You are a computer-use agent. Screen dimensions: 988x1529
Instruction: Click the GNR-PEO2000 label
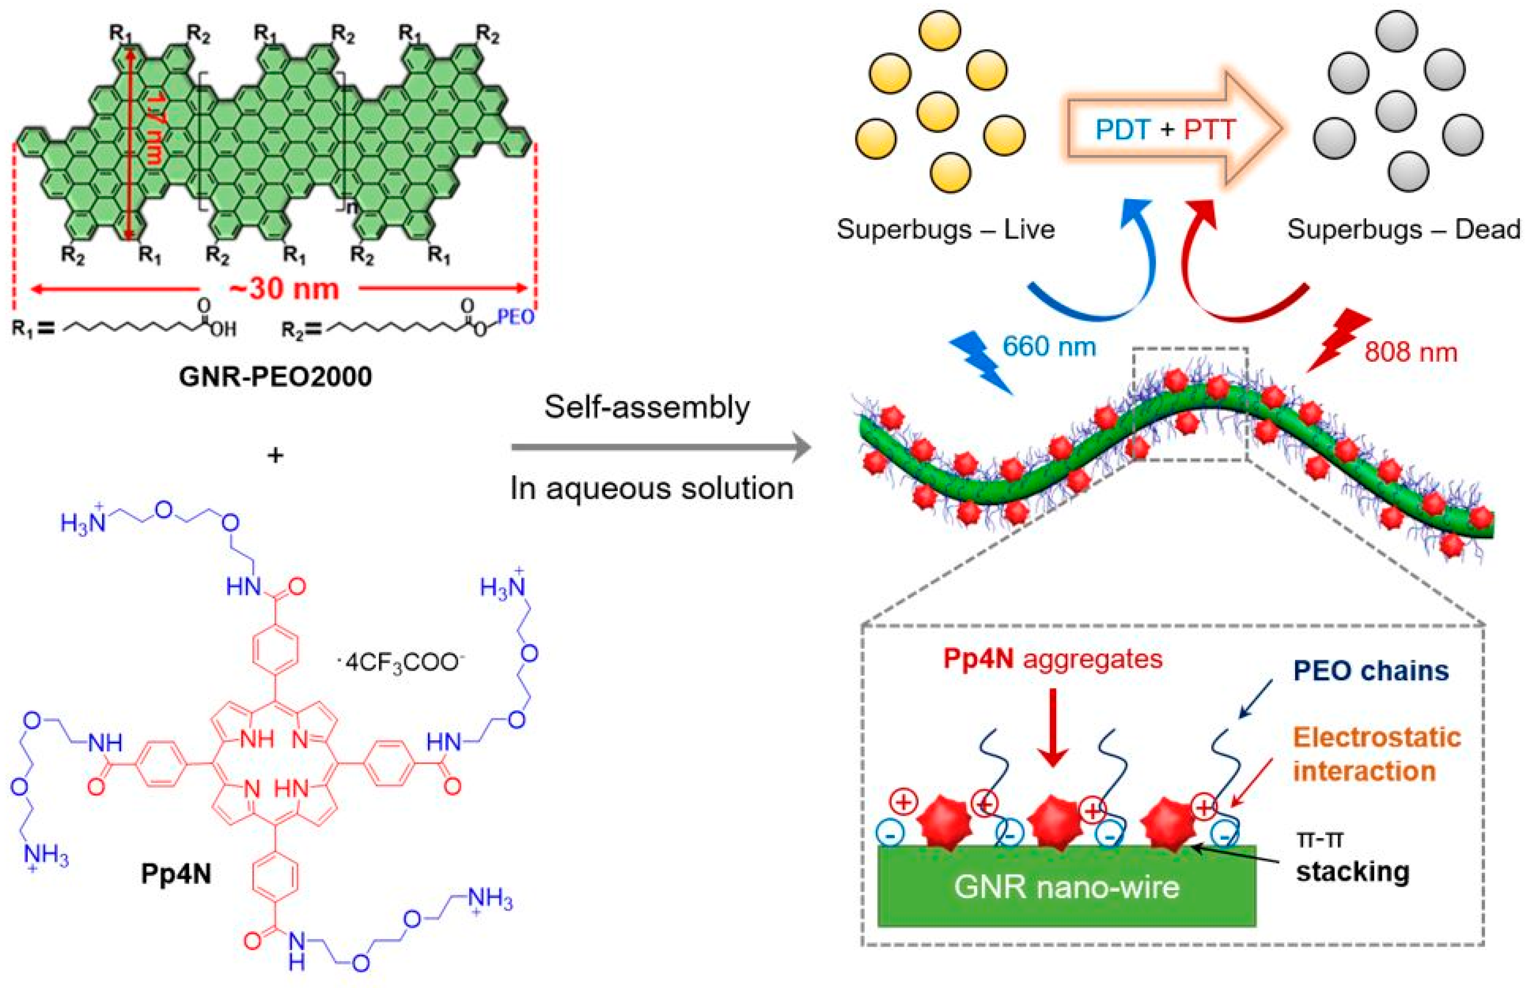tap(275, 376)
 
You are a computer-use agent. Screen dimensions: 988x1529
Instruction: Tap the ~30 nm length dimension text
tap(284, 289)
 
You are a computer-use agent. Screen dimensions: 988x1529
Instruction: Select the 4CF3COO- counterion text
tap(402, 661)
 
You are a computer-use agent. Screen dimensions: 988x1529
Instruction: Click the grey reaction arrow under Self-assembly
tap(661, 447)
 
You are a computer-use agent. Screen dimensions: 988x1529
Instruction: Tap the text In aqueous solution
tap(651, 488)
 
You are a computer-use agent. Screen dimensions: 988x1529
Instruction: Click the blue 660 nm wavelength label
tap(1049, 347)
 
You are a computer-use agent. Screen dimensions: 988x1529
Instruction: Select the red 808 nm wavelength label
tap(1410, 352)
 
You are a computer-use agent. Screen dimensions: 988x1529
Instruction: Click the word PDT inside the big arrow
tap(1123, 130)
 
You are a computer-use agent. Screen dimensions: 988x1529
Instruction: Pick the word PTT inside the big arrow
tap(1209, 130)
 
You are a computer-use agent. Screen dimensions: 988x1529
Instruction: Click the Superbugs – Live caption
tap(945, 229)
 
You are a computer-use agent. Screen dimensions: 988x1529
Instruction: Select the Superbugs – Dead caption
tap(1403, 229)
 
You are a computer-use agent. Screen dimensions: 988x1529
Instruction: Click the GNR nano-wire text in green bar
tap(1066, 887)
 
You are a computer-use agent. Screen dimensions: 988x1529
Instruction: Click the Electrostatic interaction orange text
tap(1376, 754)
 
